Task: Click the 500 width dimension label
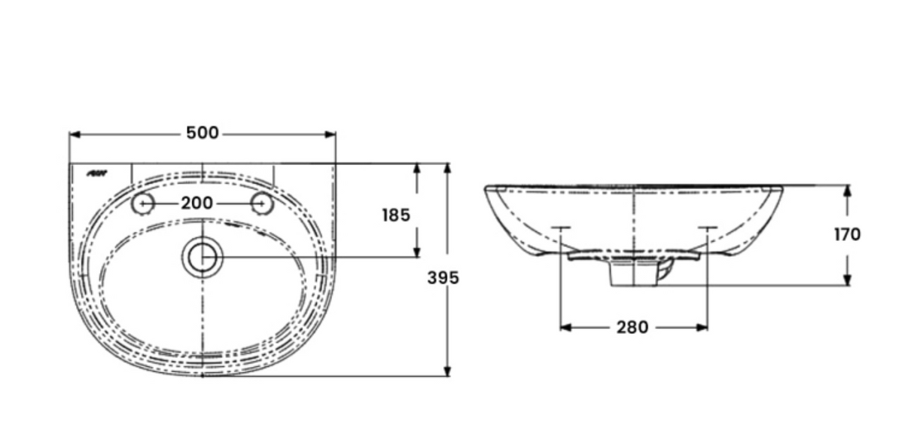click(x=202, y=133)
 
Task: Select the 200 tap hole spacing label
click(x=197, y=203)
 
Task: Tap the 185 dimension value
click(x=396, y=216)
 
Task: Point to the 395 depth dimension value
click(x=443, y=278)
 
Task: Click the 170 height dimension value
click(x=847, y=234)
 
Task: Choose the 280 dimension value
click(x=632, y=328)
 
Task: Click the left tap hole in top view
click(x=142, y=203)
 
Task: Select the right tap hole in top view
click(x=262, y=203)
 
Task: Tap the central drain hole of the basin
click(x=202, y=257)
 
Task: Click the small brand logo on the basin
click(x=98, y=174)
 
